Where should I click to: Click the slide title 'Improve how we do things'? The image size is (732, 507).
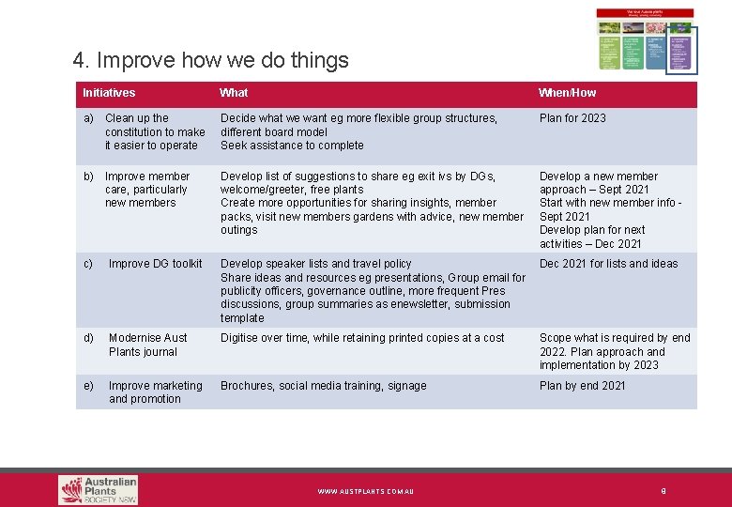[210, 61]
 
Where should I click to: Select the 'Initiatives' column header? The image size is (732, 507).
[109, 93]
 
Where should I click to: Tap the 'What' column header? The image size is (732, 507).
[234, 93]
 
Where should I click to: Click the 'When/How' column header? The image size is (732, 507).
[567, 93]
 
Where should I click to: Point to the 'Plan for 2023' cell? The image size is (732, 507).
[572, 118]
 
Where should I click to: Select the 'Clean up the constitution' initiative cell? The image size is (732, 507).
[154, 131]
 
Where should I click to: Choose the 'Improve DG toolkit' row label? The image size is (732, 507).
[155, 264]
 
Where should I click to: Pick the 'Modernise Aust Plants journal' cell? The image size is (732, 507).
[147, 345]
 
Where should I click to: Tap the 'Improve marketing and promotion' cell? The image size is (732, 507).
[155, 392]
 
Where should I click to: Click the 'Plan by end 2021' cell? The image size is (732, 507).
[582, 386]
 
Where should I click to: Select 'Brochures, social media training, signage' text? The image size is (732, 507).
[323, 386]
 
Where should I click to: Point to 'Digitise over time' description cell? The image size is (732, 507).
[362, 338]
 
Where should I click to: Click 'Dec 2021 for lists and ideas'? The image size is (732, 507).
[608, 264]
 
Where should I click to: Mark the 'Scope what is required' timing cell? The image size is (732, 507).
[614, 351]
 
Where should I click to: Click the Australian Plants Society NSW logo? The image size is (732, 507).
[98, 489]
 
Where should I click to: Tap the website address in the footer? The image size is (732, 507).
[365, 491]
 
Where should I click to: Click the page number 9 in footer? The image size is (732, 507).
[663, 490]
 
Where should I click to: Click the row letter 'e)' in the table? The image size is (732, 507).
[88, 386]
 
